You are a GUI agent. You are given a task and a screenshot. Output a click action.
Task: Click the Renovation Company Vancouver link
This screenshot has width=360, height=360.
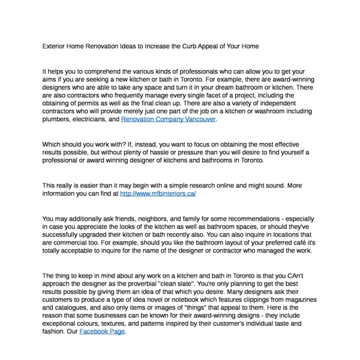pyautogui.click(x=168, y=119)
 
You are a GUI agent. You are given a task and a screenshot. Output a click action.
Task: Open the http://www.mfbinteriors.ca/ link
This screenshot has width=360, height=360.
pyautogui.click(x=158, y=194)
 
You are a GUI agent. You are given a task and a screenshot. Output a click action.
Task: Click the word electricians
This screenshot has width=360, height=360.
pyautogui.click(x=95, y=119)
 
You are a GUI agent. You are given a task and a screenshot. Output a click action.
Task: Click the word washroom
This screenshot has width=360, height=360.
pyautogui.click(x=262, y=111)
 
